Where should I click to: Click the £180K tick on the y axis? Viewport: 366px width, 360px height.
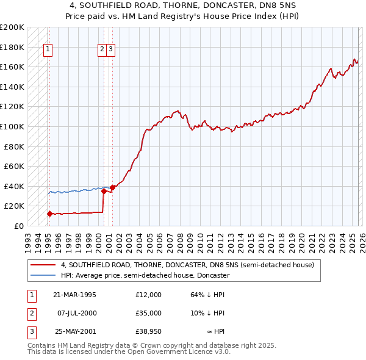[x=12, y=47]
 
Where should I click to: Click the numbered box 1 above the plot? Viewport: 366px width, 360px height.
[x=48, y=51]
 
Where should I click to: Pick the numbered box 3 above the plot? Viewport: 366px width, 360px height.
[x=112, y=51]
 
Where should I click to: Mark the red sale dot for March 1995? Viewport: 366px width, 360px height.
[x=49, y=214]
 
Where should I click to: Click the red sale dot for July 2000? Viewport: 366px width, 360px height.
[x=104, y=191]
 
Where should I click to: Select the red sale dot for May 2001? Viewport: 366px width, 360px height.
[x=113, y=187]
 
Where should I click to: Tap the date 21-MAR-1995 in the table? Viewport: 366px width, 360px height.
[x=74, y=295]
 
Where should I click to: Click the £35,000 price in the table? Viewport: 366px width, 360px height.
[x=149, y=313]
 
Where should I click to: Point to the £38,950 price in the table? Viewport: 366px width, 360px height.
[x=149, y=331]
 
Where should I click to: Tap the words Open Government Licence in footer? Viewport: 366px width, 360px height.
[x=170, y=351]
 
